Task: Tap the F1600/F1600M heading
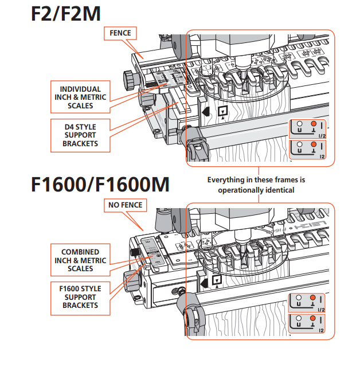pos(100,185)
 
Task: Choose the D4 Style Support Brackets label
pos(80,135)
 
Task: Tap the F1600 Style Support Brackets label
pos(80,297)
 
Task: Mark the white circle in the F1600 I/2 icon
pos(299,298)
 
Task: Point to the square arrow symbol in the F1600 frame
pos(216,280)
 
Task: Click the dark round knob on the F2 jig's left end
pos(128,77)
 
